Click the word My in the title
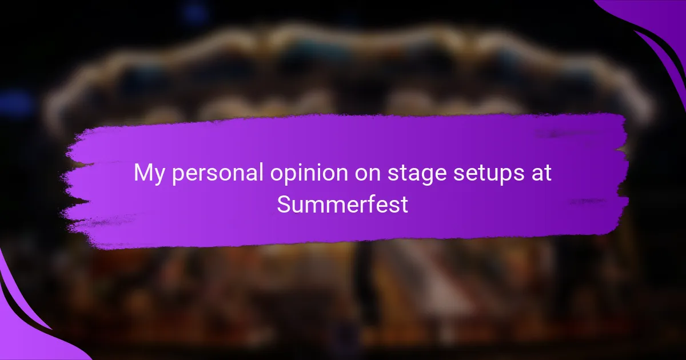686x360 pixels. point(149,174)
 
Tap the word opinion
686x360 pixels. point(309,174)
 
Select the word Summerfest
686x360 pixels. point(342,204)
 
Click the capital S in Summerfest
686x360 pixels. point(285,204)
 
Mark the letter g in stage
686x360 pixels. point(423,177)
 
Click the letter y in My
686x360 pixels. point(159,177)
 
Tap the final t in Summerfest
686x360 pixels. point(404,205)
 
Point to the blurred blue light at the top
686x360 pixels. point(194,13)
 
